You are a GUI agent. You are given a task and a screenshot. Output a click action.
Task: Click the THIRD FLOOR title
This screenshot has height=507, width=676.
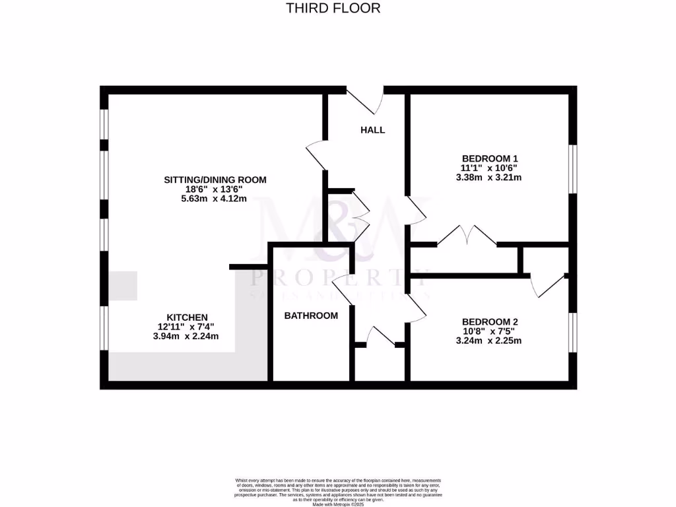(333, 9)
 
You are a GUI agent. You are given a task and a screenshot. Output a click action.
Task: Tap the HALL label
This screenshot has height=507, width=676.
(372, 130)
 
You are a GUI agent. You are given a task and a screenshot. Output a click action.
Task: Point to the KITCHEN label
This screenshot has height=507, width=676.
(187, 318)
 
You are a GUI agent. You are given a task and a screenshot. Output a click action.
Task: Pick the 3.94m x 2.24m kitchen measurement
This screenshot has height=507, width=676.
(186, 336)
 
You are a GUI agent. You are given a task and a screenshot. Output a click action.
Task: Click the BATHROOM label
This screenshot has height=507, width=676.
(311, 316)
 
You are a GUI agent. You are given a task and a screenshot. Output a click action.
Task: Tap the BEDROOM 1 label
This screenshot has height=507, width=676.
(489, 158)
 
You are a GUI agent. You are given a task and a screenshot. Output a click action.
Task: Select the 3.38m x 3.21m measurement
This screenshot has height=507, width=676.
(489, 178)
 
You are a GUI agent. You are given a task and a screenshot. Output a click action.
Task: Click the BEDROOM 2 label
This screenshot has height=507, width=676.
(489, 322)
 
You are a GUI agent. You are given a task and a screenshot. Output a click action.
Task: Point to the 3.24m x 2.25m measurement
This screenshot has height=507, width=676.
(489, 341)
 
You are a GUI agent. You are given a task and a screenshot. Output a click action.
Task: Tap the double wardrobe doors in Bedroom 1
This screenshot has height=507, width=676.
(467, 236)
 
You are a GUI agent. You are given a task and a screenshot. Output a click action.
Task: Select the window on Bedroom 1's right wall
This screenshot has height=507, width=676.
(572, 169)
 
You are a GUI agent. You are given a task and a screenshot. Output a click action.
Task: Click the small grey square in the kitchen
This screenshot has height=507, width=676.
(123, 286)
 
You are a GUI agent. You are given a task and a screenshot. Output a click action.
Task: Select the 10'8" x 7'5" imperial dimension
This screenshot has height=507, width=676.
(489, 331)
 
